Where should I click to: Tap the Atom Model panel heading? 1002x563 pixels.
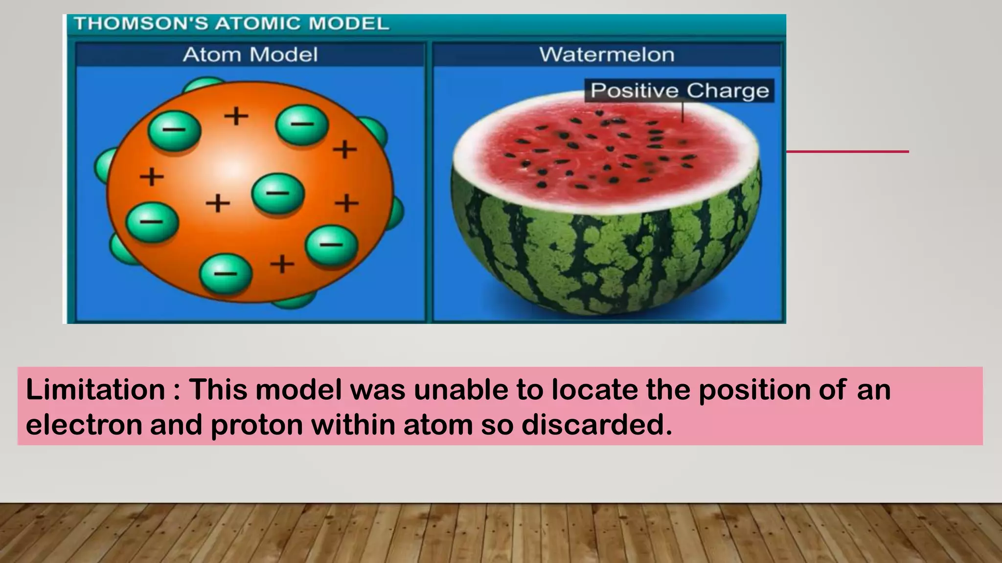pos(250,54)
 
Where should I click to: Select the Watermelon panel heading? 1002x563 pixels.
pos(607,54)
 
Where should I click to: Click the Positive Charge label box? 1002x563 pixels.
pos(679,90)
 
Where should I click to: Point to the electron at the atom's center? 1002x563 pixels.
pos(278,194)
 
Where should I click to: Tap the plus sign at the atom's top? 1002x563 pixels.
pos(236,116)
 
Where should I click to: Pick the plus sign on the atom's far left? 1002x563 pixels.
pos(152,176)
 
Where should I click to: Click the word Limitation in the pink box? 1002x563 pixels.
pos(95,390)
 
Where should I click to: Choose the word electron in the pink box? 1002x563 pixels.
pos(84,425)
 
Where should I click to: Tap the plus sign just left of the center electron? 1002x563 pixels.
pos(218,203)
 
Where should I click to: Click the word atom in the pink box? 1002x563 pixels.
pos(437,425)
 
